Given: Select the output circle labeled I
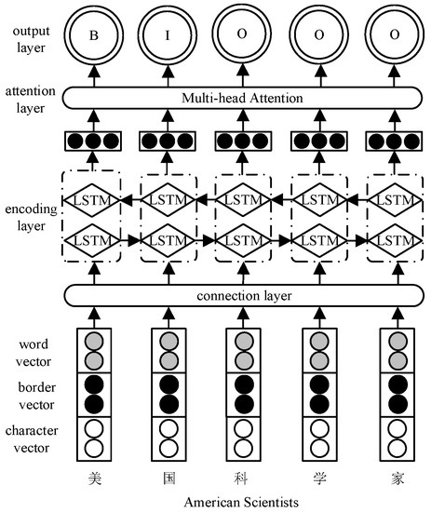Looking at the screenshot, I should pos(168,38).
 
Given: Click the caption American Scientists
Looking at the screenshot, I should pos(242,502).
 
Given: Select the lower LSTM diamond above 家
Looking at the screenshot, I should pos(393,239).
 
